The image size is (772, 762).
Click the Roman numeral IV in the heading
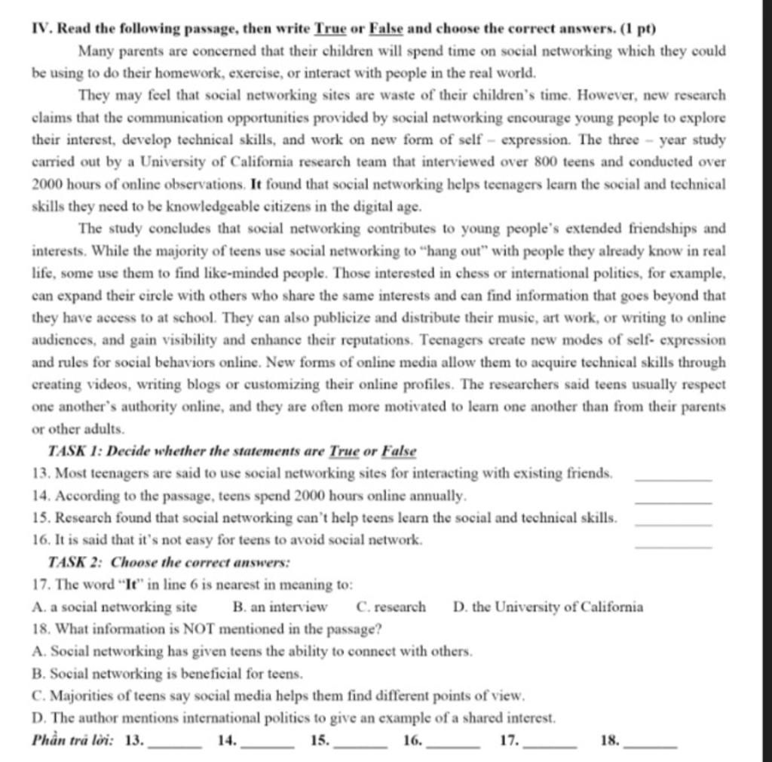pyautogui.click(x=42, y=29)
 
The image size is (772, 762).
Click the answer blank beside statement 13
pyautogui.click(x=673, y=479)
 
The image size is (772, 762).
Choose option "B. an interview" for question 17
pyautogui.click(x=280, y=607)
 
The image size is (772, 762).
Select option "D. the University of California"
pyautogui.click(x=549, y=607)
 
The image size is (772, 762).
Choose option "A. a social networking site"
pyautogui.click(x=115, y=607)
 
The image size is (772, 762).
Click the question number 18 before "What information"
pyautogui.click(x=42, y=628)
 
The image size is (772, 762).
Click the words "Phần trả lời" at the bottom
pyautogui.click(x=73, y=740)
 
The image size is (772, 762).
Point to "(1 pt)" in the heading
pyautogui.click(x=638, y=29)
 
